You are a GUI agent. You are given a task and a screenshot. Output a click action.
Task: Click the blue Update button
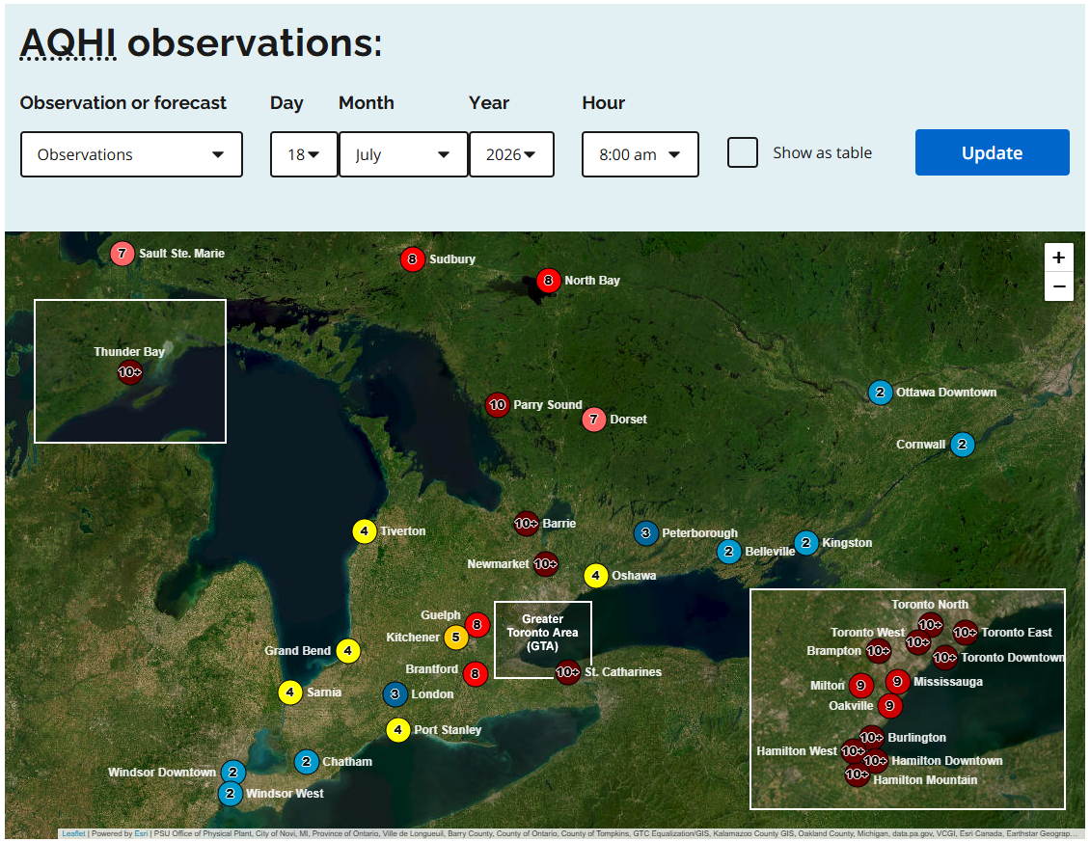pyautogui.click(x=992, y=152)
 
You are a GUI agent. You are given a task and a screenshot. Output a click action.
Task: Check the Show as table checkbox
pyautogui.click(x=743, y=152)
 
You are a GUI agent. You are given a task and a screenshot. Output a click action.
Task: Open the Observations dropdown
pyautogui.click(x=131, y=154)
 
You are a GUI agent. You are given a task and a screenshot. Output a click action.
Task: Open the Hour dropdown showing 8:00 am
pyautogui.click(x=640, y=154)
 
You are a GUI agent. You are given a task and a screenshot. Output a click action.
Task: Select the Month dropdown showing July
pyautogui.click(x=403, y=154)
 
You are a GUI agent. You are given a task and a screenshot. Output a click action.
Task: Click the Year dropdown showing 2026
pyautogui.click(x=511, y=154)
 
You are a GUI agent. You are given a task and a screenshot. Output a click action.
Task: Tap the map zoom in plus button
pyautogui.click(x=1059, y=258)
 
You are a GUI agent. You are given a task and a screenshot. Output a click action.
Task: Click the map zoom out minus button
pyautogui.click(x=1059, y=286)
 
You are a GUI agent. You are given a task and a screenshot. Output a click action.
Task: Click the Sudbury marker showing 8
pyautogui.click(x=412, y=259)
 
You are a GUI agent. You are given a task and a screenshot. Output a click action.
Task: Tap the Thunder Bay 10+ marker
pyautogui.click(x=130, y=372)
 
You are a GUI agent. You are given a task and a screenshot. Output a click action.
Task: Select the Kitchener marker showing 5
pyautogui.click(x=456, y=637)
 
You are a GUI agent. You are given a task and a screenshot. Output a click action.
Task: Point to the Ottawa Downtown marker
pyautogui.click(x=880, y=393)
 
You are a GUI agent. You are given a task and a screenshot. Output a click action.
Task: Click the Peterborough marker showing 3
pyautogui.click(x=645, y=533)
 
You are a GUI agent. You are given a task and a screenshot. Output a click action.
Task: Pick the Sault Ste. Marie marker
pyautogui.click(x=123, y=253)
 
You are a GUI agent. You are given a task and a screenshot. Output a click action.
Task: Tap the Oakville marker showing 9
pyautogui.click(x=889, y=706)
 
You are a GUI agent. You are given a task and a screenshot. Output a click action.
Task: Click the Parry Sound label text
pyautogui.click(x=548, y=405)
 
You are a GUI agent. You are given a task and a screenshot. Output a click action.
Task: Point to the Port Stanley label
pyautogui.click(x=448, y=729)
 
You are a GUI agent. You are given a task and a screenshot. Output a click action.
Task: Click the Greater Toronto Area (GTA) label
pyautogui.click(x=542, y=632)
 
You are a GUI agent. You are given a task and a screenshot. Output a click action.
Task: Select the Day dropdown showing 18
pyautogui.click(x=304, y=154)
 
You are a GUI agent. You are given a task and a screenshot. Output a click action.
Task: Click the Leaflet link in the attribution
pyautogui.click(x=73, y=833)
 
